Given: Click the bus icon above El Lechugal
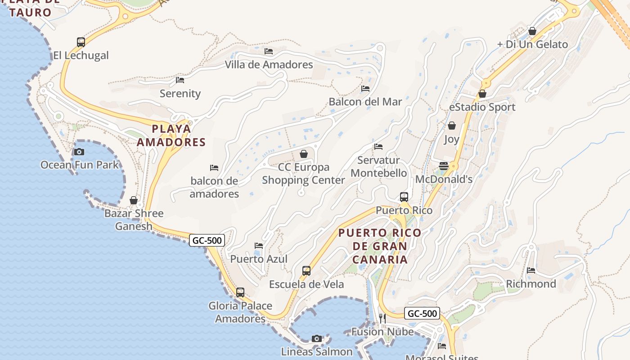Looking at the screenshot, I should click(81, 42).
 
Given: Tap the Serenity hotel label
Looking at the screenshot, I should click(180, 94).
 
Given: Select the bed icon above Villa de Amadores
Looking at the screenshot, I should click(269, 51).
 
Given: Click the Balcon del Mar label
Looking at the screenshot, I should click(365, 102).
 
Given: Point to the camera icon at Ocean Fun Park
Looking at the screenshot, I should click(79, 152).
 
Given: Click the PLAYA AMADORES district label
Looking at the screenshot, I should click(171, 135).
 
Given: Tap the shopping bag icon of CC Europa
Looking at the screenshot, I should click(304, 154).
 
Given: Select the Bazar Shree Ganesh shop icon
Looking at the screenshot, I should click(134, 200).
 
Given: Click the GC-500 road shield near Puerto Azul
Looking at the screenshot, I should click(207, 240).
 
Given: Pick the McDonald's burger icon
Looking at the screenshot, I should click(444, 166).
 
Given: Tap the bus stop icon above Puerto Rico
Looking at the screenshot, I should click(404, 197).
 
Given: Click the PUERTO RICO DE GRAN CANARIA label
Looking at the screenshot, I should click(380, 246).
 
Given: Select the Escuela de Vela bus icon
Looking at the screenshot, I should click(306, 271).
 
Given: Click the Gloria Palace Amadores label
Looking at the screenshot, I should click(240, 312).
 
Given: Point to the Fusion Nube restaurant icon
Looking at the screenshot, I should click(382, 319).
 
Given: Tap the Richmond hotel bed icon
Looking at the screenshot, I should click(531, 270).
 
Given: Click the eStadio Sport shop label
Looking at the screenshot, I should click(482, 107).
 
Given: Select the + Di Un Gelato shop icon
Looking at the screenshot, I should click(532, 31).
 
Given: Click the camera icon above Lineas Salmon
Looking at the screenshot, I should click(317, 338).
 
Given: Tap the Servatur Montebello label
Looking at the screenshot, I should click(378, 166).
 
